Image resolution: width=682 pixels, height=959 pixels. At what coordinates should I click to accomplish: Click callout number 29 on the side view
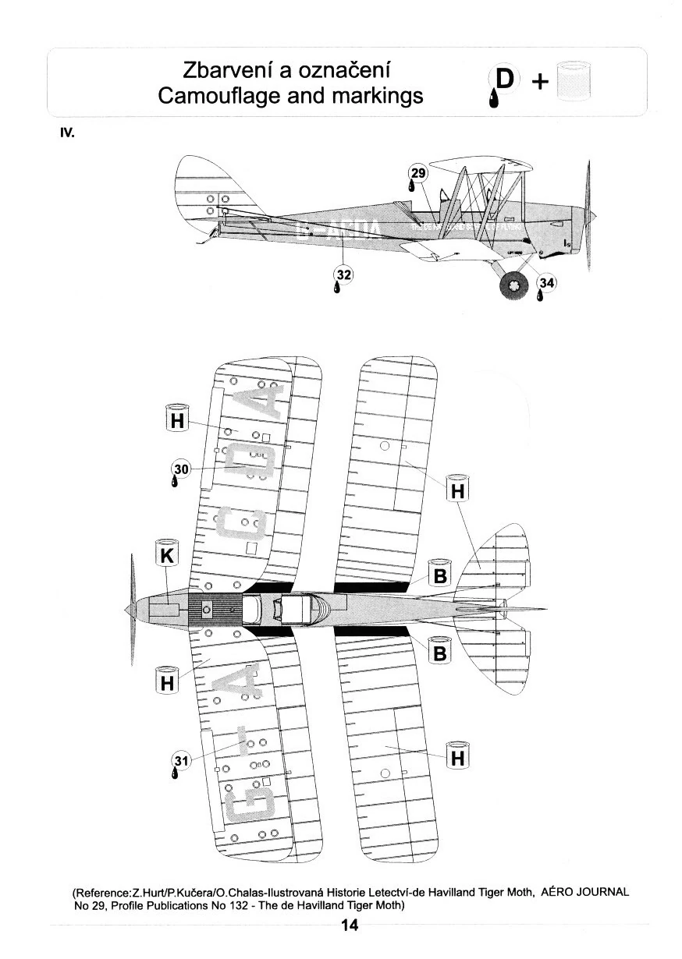[419, 173]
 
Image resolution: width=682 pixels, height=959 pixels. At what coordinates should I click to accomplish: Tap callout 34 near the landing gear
[547, 285]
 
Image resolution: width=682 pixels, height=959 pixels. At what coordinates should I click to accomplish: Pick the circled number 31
[181, 761]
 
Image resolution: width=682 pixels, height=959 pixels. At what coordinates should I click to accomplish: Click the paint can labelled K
[168, 554]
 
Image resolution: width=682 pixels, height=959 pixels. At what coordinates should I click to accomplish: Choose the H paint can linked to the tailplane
[458, 490]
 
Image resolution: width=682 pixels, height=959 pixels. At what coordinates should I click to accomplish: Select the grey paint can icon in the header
[574, 82]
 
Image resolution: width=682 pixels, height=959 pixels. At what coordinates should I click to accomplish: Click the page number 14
[349, 925]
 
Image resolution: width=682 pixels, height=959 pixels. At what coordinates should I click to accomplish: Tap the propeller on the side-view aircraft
[588, 214]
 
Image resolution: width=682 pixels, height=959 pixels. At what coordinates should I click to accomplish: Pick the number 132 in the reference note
[242, 905]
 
